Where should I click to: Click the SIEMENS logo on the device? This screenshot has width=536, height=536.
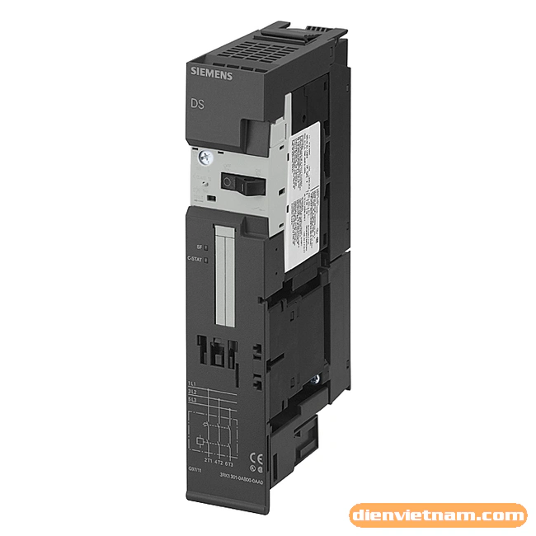[211, 75]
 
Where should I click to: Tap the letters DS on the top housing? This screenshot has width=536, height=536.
[199, 104]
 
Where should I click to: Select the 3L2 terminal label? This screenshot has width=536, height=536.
[191, 391]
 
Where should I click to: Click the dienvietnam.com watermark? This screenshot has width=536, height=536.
[438, 516]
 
